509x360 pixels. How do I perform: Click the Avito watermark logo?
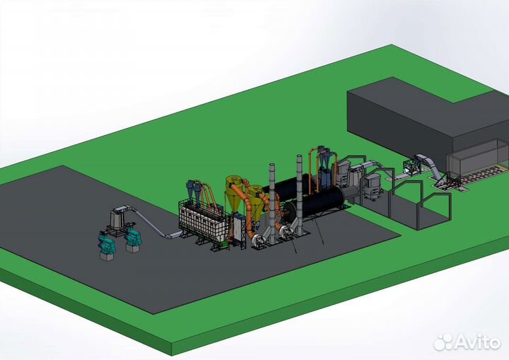(x=467, y=342)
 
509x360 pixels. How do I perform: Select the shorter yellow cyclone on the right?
(x=257, y=202)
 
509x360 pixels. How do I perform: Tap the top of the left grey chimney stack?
(x=271, y=165)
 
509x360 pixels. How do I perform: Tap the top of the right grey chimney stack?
(x=299, y=156)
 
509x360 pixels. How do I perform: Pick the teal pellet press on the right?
(x=132, y=236)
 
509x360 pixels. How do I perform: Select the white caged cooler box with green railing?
(x=203, y=221)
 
